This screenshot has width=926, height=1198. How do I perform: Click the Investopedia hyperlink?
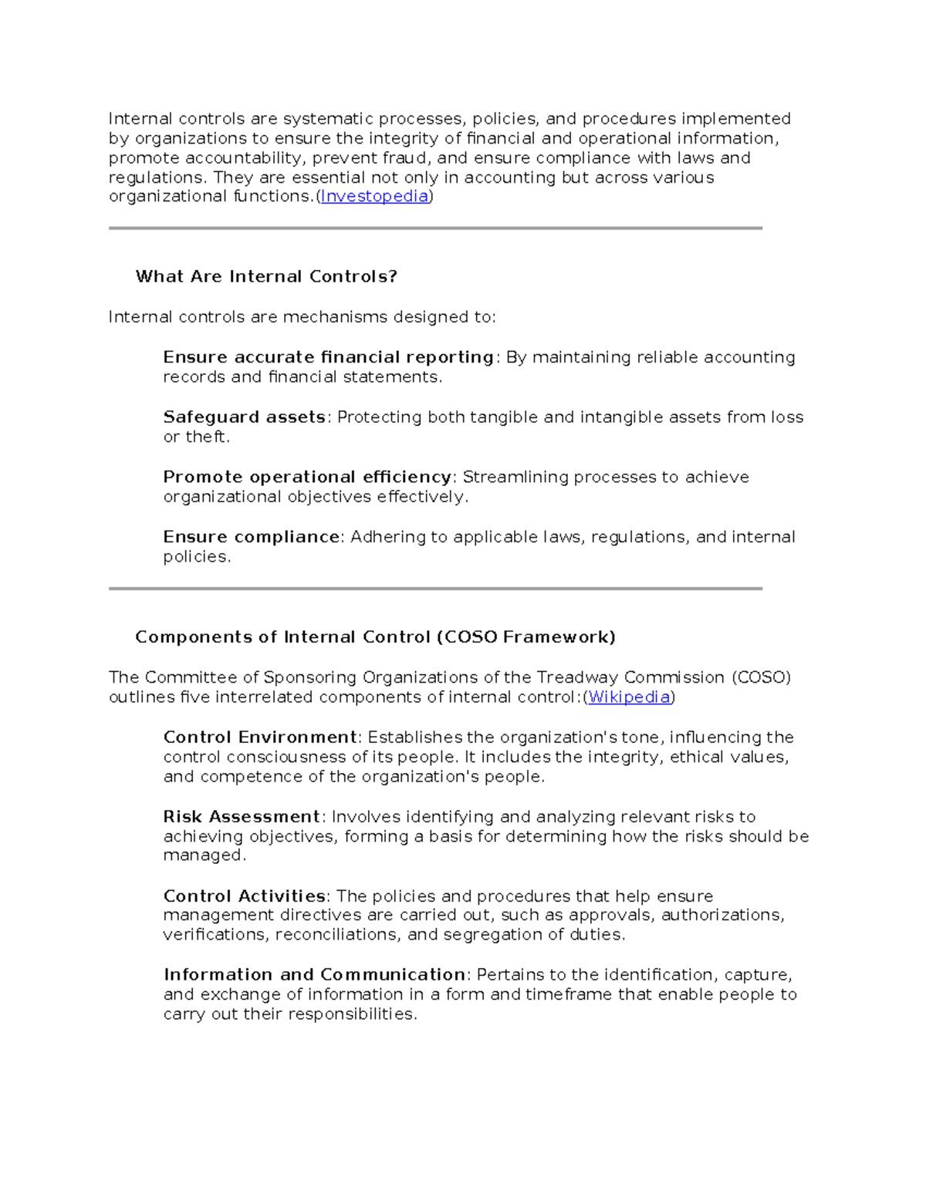coord(374,197)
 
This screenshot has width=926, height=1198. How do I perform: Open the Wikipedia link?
coord(629,697)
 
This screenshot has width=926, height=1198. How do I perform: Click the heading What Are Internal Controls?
coord(266,277)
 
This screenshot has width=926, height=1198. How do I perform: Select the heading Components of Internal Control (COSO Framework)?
coord(375,637)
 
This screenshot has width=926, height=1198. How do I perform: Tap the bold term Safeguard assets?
coord(244,417)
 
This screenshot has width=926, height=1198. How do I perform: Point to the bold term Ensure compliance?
coord(252,537)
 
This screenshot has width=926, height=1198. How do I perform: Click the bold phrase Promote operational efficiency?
coord(307,478)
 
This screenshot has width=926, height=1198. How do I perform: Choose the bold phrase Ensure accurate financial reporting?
coord(328,357)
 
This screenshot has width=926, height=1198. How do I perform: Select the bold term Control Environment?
coord(260,737)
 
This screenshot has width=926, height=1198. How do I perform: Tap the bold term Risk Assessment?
coord(242,817)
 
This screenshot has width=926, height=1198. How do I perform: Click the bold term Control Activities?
coord(244,896)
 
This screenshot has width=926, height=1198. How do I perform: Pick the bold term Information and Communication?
coord(314,975)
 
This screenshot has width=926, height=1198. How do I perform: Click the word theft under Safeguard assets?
coord(206,437)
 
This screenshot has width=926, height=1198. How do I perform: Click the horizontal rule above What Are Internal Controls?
coord(435,228)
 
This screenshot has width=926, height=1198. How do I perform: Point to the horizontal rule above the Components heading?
coord(435,589)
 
